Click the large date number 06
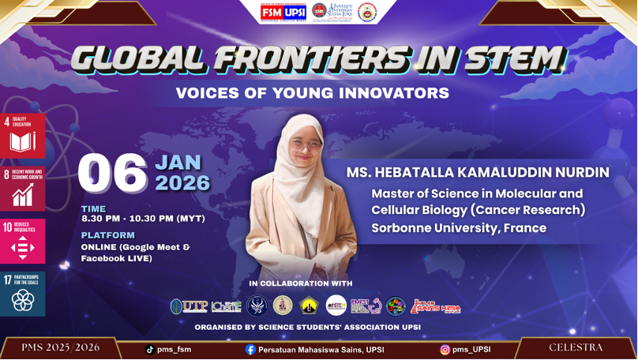click(x=112, y=174)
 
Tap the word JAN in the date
click(x=178, y=163)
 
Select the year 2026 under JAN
click(x=182, y=184)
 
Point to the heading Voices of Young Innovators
click(x=312, y=93)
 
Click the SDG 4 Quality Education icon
click(x=22, y=134)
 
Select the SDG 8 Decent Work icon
click(x=22, y=188)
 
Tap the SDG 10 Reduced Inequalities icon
click(x=22, y=241)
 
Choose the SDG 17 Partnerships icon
click(x=22, y=294)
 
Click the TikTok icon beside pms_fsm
click(x=150, y=349)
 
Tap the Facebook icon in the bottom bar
click(x=250, y=349)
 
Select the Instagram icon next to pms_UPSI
click(x=445, y=349)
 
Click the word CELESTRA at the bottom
click(x=576, y=347)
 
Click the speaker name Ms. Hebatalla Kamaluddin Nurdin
click(x=478, y=172)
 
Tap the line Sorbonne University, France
click(x=459, y=228)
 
